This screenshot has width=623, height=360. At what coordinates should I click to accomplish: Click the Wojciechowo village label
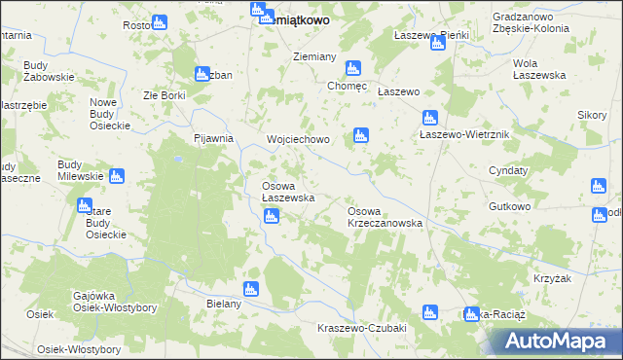click(x=299, y=139)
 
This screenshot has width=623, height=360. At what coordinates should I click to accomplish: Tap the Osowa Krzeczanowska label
click(x=385, y=217)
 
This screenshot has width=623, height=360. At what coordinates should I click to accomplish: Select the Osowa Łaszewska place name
click(x=287, y=192)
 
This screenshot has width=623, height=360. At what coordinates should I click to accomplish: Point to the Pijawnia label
click(x=214, y=138)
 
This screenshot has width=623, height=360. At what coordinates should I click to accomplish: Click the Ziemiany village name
click(x=314, y=57)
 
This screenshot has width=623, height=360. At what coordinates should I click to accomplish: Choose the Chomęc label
click(x=348, y=85)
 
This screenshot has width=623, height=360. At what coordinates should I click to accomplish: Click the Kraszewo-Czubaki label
click(x=361, y=328)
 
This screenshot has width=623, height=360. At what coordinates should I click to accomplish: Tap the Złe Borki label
click(x=164, y=95)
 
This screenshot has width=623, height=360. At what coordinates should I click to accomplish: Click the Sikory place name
click(x=591, y=115)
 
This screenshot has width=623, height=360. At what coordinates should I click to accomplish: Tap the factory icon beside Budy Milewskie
click(x=117, y=177)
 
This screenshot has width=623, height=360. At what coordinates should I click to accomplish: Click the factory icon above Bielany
click(x=251, y=288)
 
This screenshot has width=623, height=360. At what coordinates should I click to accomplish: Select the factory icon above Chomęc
click(x=352, y=68)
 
